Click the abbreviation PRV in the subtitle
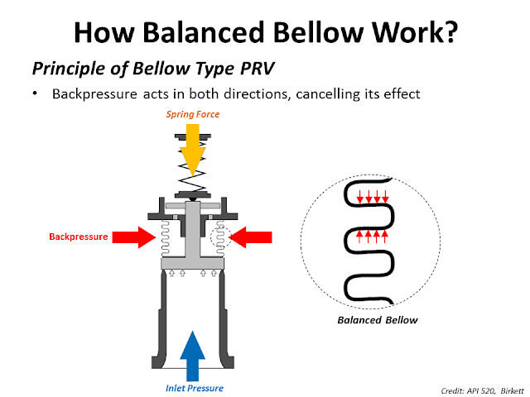(x=253, y=65)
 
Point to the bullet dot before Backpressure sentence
(x=36, y=94)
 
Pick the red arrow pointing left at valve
(x=251, y=237)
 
